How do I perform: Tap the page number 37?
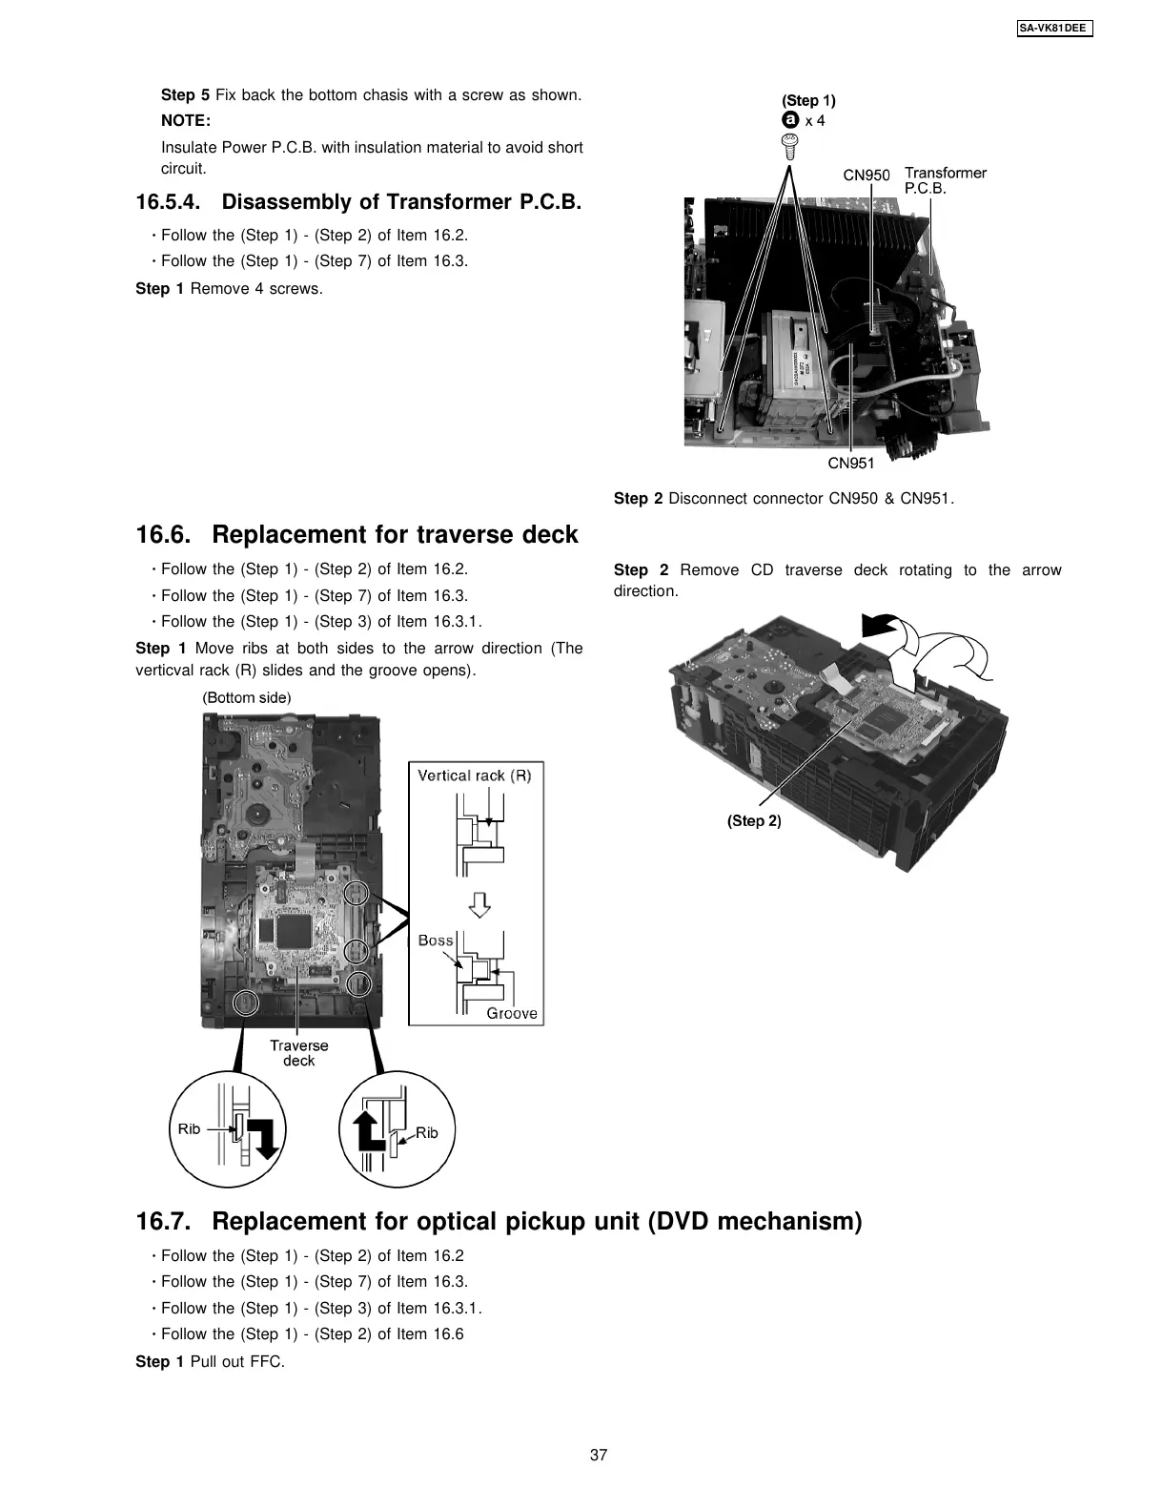click(x=599, y=1455)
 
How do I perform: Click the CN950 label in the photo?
click(x=866, y=175)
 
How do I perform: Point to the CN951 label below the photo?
click(x=850, y=464)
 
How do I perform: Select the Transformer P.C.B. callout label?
click(x=944, y=180)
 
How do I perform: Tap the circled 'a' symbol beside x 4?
click(x=789, y=121)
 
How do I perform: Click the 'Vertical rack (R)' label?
click(x=474, y=775)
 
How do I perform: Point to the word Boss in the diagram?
click(x=436, y=941)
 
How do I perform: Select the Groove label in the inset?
click(x=512, y=1013)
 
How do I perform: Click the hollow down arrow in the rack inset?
click(x=481, y=904)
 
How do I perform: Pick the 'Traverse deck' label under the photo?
click(x=298, y=1053)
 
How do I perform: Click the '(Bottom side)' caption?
click(x=247, y=697)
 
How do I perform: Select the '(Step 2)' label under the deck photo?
click(x=753, y=821)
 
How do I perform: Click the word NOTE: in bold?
click(x=186, y=121)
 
